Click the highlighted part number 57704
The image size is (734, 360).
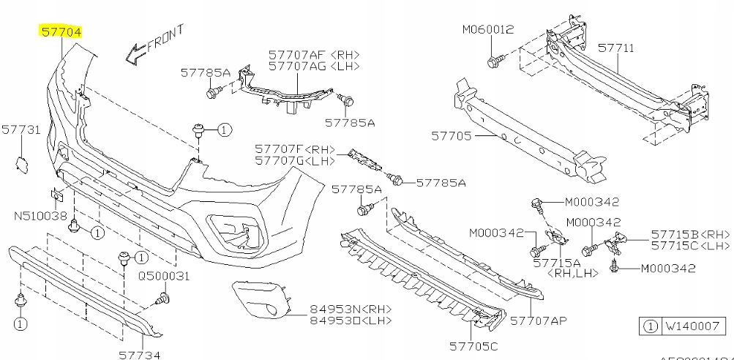[x=60, y=31]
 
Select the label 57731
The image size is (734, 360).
[x=20, y=130]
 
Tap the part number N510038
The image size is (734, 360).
[x=40, y=217]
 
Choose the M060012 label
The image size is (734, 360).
[x=488, y=30]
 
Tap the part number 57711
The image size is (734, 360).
[x=616, y=48]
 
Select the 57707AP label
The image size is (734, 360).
[x=540, y=320]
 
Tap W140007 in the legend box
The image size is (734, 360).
[x=692, y=326]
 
